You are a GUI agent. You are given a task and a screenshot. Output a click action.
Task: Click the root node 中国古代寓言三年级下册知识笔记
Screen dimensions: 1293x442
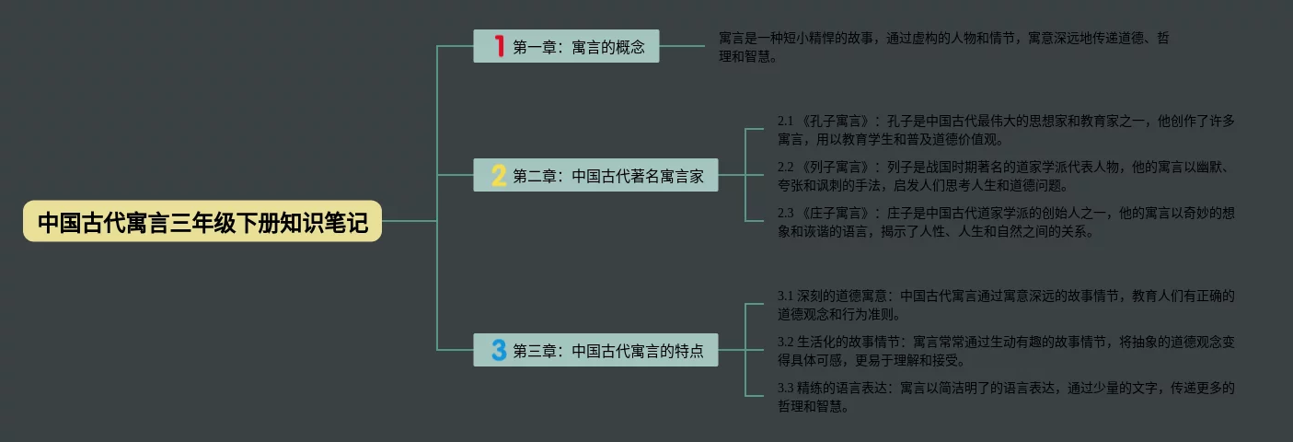tap(202, 222)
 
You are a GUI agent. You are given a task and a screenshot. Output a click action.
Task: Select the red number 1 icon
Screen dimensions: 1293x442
tap(500, 46)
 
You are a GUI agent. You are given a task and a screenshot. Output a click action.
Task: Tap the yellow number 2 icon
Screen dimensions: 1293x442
tap(499, 175)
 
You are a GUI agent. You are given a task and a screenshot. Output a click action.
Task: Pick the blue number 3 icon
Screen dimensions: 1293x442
tap(499, 350)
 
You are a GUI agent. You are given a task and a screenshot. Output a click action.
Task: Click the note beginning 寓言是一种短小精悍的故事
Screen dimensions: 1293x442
tap(943, 47)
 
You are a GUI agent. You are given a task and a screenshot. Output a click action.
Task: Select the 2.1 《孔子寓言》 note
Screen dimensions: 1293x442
tap(1006, 130)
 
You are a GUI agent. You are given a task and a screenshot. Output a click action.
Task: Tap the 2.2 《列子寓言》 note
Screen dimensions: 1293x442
tap(1006, 176)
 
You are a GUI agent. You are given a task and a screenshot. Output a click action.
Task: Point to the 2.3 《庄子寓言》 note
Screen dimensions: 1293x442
tap(1006, 222)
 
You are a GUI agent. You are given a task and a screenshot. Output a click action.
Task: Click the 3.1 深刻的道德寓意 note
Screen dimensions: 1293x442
tap(1006, 305)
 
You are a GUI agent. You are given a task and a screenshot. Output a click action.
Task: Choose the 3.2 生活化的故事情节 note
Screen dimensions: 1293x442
tap(1006, 350)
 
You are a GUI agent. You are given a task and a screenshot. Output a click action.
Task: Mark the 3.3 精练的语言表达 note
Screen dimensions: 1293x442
tap(1006, 396)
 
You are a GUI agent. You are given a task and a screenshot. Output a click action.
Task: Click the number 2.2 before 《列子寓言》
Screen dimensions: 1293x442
tap(786, 168)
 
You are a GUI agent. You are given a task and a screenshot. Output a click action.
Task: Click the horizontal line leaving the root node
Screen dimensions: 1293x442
tap(409, 222)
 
